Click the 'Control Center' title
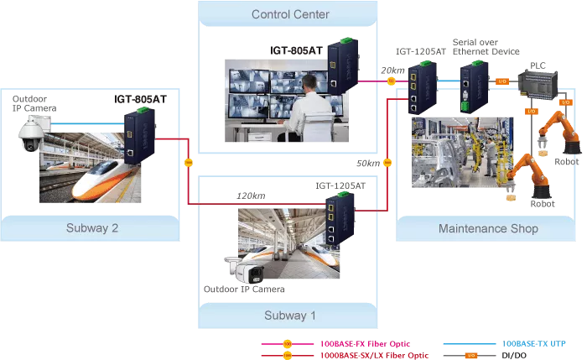(290, 14)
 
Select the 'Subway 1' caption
(290, 316)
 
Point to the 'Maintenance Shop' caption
(488, 228)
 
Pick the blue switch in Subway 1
(339, 215)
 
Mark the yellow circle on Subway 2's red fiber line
(189, 161)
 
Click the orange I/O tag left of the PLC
(502, 81)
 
